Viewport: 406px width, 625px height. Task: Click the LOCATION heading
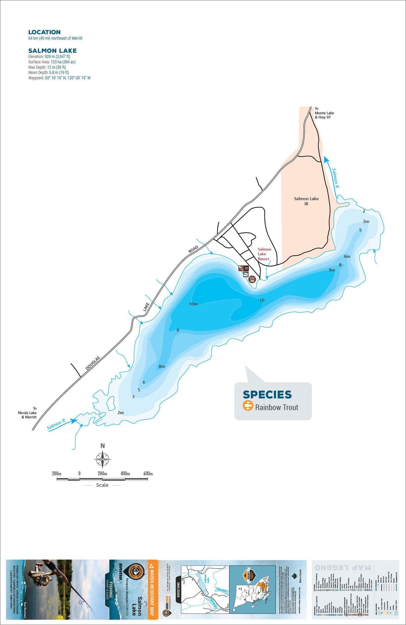point(44,32)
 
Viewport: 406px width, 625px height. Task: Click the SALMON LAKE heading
point(53,51)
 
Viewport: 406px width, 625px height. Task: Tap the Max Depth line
point(47,67)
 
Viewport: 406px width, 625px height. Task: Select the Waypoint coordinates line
point(59,78)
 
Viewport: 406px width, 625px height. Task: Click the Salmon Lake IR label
point(306,201)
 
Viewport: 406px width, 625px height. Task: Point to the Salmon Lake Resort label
point(264,254)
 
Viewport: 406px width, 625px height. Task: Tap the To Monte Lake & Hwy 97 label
point(324,113)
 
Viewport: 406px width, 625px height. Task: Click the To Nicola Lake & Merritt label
point(28,413)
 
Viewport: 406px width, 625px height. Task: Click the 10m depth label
point(193,304)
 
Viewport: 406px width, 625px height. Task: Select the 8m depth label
point(162,366)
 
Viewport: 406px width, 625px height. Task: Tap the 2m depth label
point(121,413)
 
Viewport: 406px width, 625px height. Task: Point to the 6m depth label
point(347,257)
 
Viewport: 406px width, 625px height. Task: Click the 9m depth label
point(332,270)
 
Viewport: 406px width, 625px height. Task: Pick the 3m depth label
point(366,221)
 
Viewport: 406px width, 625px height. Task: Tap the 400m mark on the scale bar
point(125,473)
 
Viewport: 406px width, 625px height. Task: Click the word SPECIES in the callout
point(267,395)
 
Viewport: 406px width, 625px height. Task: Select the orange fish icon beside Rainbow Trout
point(248,406)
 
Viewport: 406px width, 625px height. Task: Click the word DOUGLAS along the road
point(93,363)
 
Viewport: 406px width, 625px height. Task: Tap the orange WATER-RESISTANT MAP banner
point(153,589)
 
